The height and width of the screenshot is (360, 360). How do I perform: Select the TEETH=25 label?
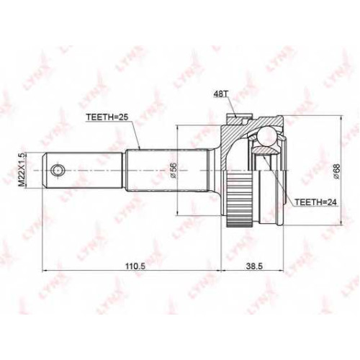(x=108, y=117)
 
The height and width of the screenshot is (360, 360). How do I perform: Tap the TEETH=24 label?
(x=315, y=202)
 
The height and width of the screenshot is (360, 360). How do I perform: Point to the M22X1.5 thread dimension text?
(x=22, y=170)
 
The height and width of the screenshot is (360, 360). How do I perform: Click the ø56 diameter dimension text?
(x=174, y=170)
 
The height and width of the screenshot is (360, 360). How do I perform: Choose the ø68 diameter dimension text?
(x=336, y=171)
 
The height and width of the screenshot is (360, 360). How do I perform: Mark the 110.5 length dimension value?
(x=132, y=266)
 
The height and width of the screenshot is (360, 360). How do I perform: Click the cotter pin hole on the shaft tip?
(x=58, y=171)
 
